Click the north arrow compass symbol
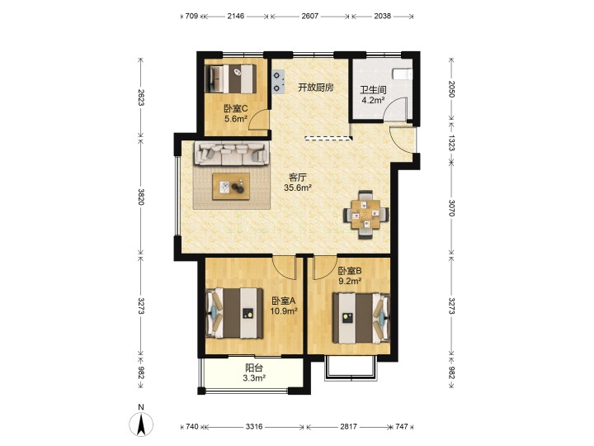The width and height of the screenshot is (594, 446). point(141,424)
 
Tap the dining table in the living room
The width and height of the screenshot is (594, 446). point(366,214)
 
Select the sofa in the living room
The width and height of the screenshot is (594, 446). point(232,154)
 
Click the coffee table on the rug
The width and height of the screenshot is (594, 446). point(231,186)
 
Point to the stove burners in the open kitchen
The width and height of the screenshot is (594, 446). point(279,82)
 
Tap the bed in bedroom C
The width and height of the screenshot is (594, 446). point(230,79)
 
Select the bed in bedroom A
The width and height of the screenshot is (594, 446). point(234,313)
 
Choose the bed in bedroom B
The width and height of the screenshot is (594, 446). point(361,318)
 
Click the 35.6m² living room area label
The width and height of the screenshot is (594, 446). point(298,187)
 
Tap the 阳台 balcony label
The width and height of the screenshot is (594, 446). point(254,368)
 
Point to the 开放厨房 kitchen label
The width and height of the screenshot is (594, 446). point(316,88)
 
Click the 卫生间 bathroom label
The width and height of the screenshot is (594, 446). point(373,90)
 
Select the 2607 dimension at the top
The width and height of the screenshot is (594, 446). point(310,16)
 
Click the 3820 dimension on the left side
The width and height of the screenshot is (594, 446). point(140,197)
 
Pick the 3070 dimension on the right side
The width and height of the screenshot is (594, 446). point(451,208)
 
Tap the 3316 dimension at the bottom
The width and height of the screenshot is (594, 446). point(254,427)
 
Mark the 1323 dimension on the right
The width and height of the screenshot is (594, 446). point(451,143)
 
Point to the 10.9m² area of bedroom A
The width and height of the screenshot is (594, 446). point(283,311)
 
